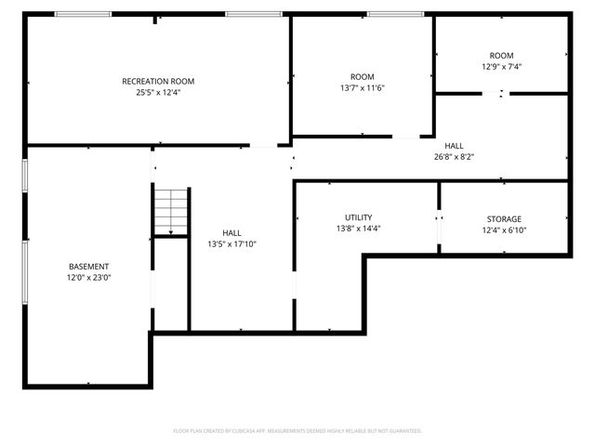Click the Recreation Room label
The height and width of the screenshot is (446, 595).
[158, 81]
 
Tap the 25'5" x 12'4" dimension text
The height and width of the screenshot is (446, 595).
[158, 92]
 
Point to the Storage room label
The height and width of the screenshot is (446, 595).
[504, 219]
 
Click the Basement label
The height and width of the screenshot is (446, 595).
[88, 266]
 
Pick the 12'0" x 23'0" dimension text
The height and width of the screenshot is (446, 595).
[88, 277]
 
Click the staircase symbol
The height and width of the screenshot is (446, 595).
[171, 212]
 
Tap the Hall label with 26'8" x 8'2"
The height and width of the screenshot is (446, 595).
[454, 146]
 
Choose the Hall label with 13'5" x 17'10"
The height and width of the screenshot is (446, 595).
[231, 233]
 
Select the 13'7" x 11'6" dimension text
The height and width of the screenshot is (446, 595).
[362, 87]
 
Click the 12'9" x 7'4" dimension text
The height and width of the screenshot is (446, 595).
[501, 67]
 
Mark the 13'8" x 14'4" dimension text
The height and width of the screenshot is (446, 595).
[358, 228]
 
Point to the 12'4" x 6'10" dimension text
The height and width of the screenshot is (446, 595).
[504, 230]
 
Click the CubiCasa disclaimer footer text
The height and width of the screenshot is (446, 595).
[297, 431]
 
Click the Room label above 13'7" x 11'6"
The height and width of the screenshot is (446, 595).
[362, 76]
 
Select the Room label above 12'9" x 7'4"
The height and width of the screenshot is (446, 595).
[501, 56]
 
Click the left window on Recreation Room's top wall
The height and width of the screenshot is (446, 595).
[83, 14]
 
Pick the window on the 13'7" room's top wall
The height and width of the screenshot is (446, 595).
[396, 14]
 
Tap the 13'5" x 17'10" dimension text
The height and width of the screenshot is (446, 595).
[231, 244]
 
